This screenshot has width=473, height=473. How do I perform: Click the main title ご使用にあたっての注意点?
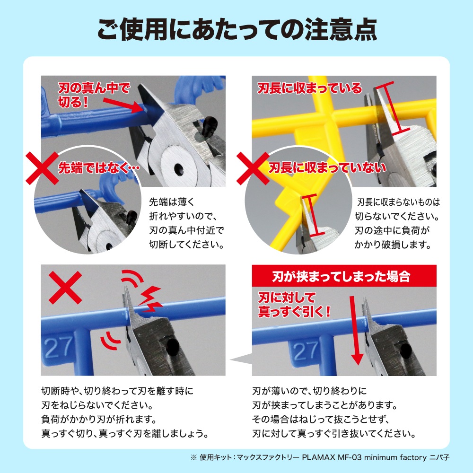(236, 29)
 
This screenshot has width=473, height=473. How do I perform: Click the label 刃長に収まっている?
(309, 88)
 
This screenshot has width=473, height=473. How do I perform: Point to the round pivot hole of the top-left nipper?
(178, 168)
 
